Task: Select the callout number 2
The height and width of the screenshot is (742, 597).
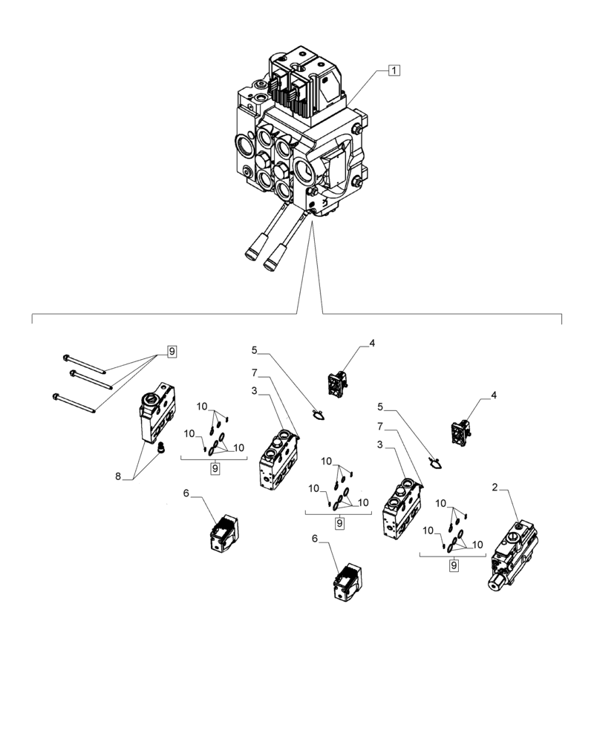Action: (x=495, y=487)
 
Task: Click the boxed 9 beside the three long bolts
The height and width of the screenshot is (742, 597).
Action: (x=172, y=352)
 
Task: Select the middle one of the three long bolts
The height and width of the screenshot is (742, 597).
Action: (x=90, y=378)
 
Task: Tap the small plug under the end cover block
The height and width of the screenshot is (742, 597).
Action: (x=158, y=448)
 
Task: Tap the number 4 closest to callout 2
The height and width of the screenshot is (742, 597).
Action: (x=495, y=398)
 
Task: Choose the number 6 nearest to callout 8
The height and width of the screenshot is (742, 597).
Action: (x=186, y=492)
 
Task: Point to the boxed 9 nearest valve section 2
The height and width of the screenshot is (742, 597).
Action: (x=453, y=565)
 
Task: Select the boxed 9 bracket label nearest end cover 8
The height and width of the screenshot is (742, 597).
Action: (x=214, y=468)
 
